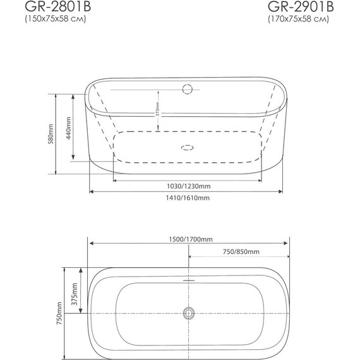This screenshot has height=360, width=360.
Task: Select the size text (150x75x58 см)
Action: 55,20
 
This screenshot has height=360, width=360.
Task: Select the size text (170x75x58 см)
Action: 299,20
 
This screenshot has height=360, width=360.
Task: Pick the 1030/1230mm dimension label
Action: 185,186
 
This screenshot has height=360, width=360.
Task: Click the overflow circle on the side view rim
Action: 187,89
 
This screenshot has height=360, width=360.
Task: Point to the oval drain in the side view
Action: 188,148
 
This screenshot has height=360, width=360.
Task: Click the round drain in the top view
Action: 188,313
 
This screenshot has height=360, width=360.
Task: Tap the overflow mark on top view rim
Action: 188,276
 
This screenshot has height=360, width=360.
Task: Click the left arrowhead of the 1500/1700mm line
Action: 90,243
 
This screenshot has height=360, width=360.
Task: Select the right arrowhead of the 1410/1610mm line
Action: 285,190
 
